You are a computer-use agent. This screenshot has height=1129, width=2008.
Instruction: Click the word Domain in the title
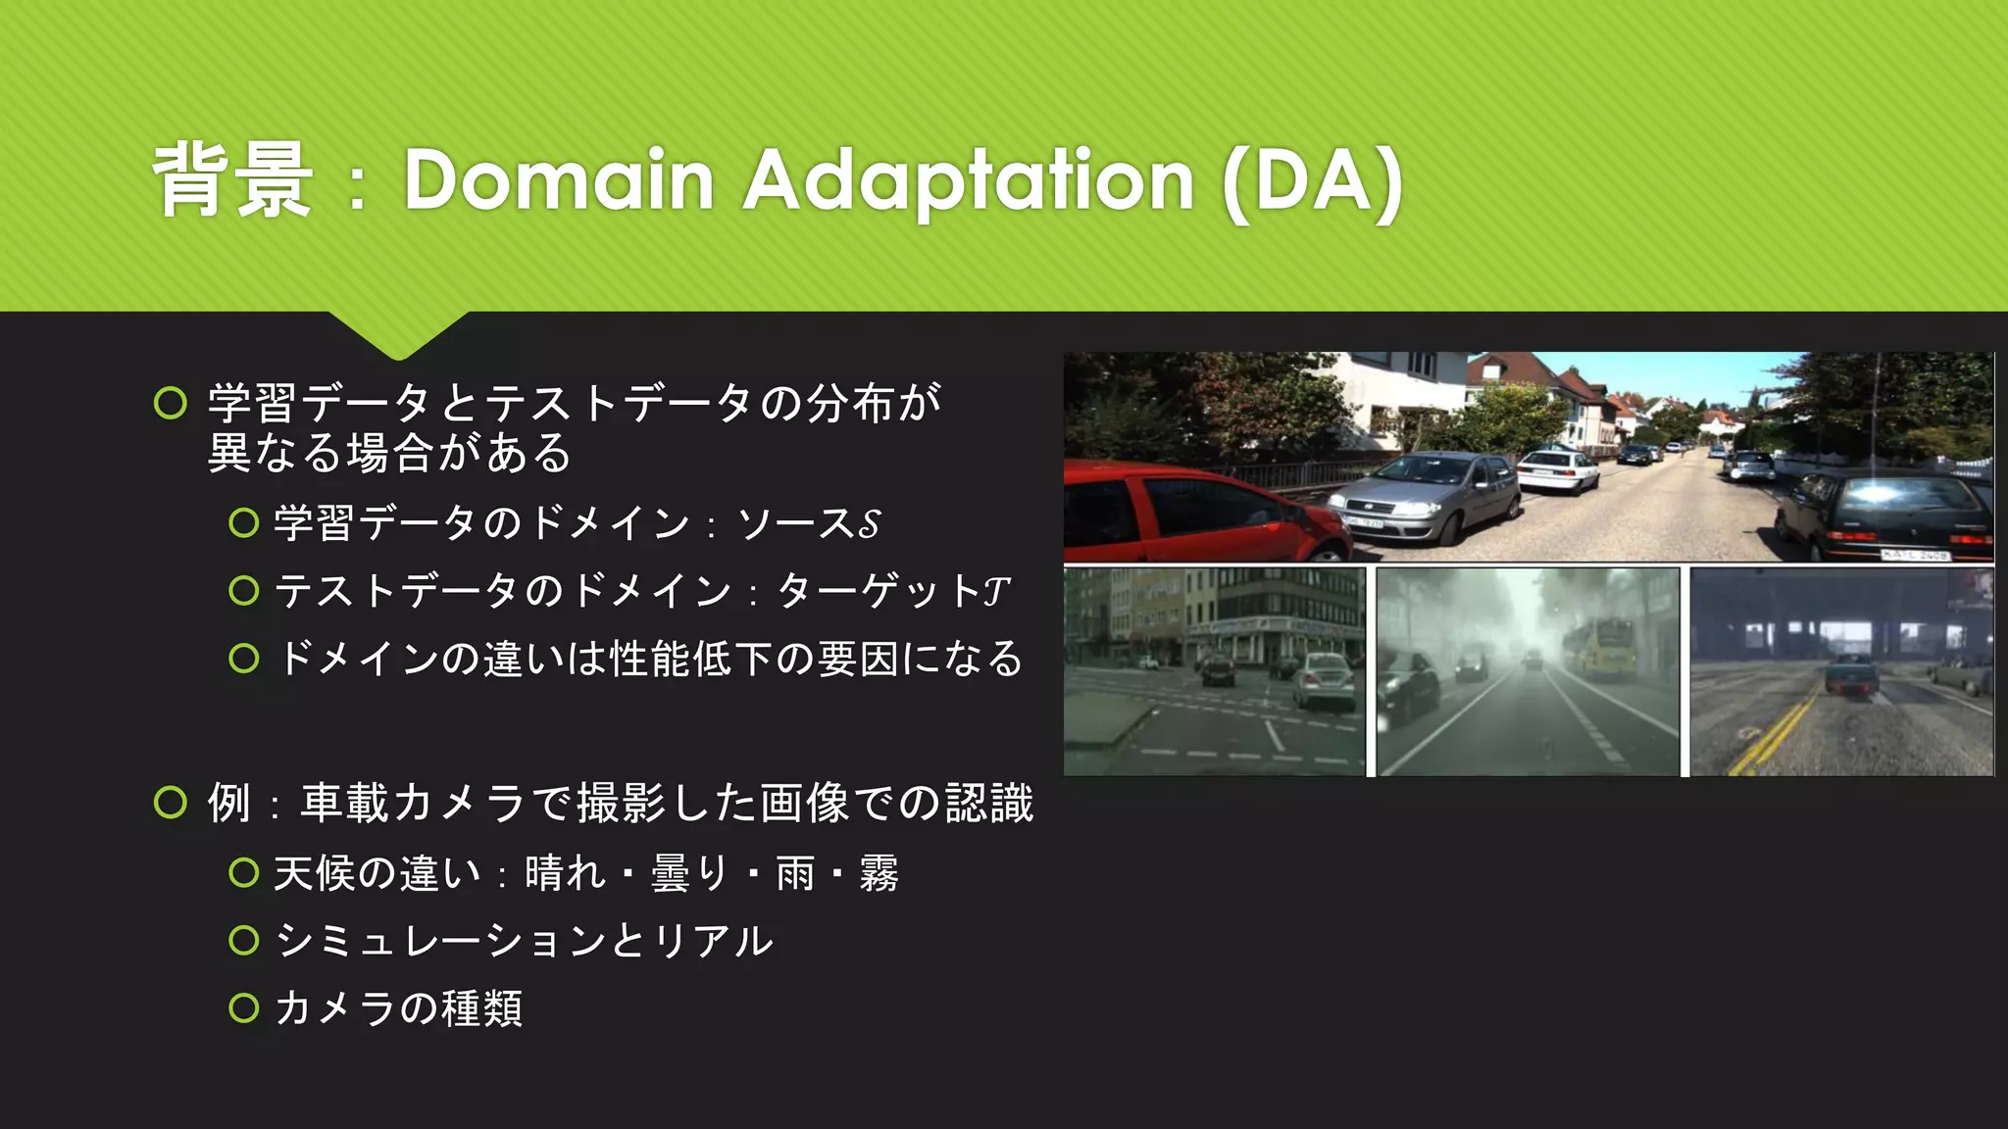(x=559, y=180)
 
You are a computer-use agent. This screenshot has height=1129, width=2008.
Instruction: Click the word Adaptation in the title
(x=968, y=180)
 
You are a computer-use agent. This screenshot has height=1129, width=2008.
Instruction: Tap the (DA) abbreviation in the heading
(x=1313, y=182)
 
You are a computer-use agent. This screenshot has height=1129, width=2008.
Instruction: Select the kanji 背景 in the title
(x=233, y=180)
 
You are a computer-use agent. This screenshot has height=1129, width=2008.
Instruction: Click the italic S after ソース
(x=869, y=523)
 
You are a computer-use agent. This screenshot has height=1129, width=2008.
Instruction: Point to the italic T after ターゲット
(x=996, y=591)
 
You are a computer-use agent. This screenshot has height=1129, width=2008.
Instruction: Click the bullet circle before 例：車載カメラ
(x=171, y=803)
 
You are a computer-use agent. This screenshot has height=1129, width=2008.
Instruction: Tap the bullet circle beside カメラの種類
(x=243, y=1007)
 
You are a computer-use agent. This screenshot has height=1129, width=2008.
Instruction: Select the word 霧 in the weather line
(x=878, y=873)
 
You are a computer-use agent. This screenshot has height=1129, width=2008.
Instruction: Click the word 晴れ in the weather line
(x=565, y=873)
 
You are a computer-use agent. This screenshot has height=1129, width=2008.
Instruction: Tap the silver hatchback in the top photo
(x=1427, y=495)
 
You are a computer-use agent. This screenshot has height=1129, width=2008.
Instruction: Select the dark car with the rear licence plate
(x=1887, y=515)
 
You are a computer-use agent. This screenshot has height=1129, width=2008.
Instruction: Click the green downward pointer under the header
(x=398, y=333)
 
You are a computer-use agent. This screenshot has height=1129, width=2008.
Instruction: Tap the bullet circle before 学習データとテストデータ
(x=171, y=403)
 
